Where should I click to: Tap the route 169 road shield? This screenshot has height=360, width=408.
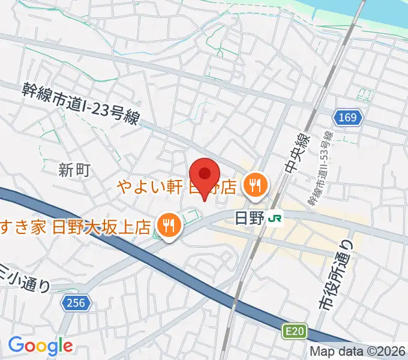[x=349, y=118]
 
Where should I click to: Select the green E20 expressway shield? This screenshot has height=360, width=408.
[x=292, y=330]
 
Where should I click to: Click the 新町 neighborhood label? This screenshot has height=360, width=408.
[x=74, y=170]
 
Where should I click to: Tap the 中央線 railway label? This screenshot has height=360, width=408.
[x=296, y=157]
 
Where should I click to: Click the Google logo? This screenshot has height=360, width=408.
[x=40, y=346]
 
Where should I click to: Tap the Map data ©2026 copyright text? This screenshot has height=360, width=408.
[x=358, y=352]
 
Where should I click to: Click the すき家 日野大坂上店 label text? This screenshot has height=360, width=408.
[x=75, y=227]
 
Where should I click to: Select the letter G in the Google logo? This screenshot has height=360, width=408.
[x=16, y=345]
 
